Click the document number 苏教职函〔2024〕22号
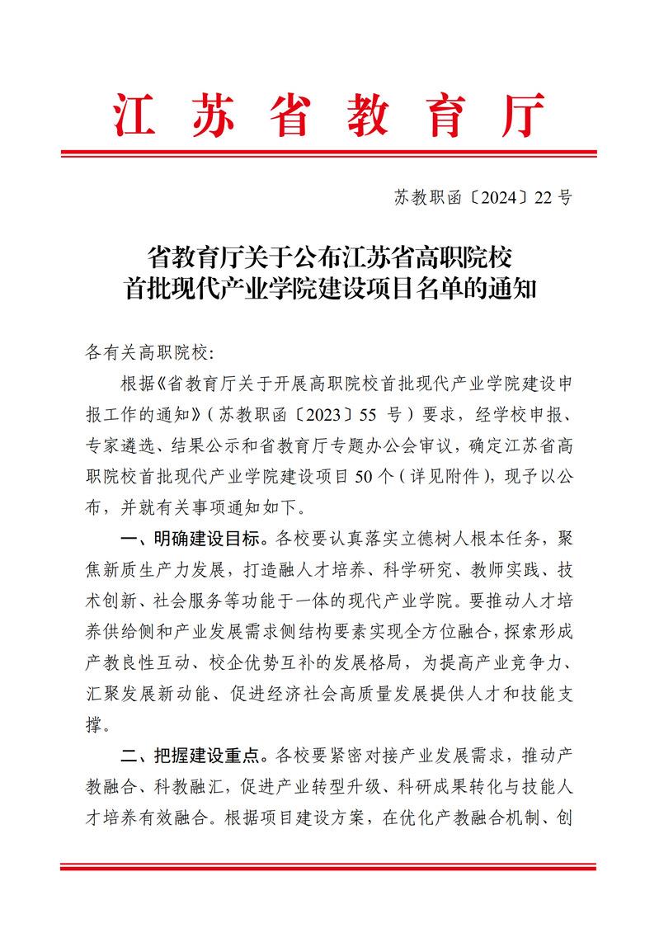[482, 197]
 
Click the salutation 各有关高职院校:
[148, 353]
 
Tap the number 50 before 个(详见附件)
[363, 476]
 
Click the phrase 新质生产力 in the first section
[157, 569]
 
